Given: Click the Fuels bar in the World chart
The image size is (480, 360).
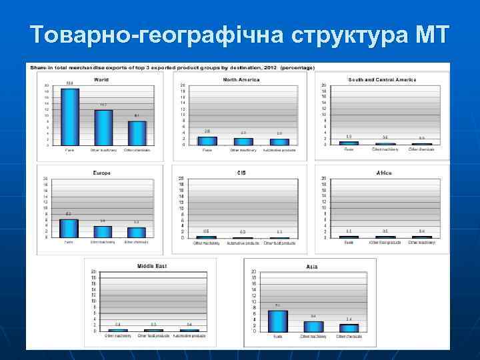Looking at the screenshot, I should click(x=70, y=117).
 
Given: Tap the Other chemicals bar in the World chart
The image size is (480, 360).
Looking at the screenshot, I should click(x=137, y=133).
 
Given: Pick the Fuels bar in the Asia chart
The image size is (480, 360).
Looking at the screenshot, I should click(x=278, y=321).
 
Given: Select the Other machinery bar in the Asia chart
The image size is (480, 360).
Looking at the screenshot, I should click(x=313, y=326).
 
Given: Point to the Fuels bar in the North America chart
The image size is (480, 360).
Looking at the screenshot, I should click(x=207, y=141).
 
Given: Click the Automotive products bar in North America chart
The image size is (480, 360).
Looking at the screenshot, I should click(x=279, y=141).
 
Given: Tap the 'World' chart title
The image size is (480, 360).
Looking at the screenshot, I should click(x=101, y=79).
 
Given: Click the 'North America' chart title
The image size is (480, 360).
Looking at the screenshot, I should click(x=241, y=79).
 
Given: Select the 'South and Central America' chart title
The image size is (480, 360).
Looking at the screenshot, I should click(x=382, y=79).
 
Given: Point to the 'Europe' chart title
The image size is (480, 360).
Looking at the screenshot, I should click(x=101, y=173).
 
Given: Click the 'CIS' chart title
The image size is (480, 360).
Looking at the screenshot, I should click(x=241, y=173).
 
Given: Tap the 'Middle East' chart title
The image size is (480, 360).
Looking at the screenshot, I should click(x=152, y=266).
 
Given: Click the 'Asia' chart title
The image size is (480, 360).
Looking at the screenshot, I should click(x=312, y=266).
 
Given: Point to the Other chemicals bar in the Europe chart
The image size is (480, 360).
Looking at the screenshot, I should click(x=137, y=233).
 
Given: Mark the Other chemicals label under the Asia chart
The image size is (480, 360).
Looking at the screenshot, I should click(x=349, y=337).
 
